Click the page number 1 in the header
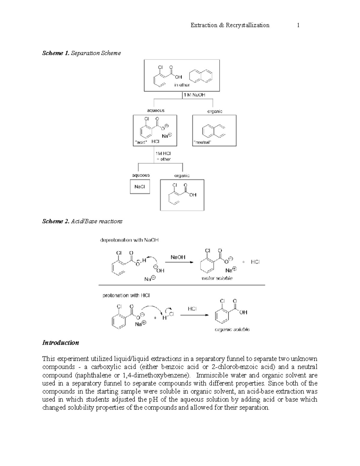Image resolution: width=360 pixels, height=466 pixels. (x=298, y=25)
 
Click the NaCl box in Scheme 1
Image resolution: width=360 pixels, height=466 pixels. (x=139, y=187)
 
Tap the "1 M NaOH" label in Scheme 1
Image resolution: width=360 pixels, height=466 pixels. (x=195, y=95)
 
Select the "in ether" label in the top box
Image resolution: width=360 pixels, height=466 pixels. (x=182, y=85)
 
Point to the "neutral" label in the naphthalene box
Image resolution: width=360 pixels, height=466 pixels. (x=202, y=142)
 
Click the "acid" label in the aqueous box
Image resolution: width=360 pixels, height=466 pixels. (x=141, y=142)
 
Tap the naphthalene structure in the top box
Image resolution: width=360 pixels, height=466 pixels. (x=201, y=76)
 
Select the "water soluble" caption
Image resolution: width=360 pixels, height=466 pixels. (x=217, y=278)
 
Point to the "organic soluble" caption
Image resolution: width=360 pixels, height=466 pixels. (x=232, y=329)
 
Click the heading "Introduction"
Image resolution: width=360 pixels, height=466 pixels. (x=61, y=343)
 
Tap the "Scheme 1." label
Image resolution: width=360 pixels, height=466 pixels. (x=56, y=53)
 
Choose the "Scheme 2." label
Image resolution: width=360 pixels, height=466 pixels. (x=56, y=221)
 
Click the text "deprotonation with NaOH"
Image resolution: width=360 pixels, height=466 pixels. (x=129, y=240)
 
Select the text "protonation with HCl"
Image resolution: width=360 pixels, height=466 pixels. (x=126, y=295)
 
